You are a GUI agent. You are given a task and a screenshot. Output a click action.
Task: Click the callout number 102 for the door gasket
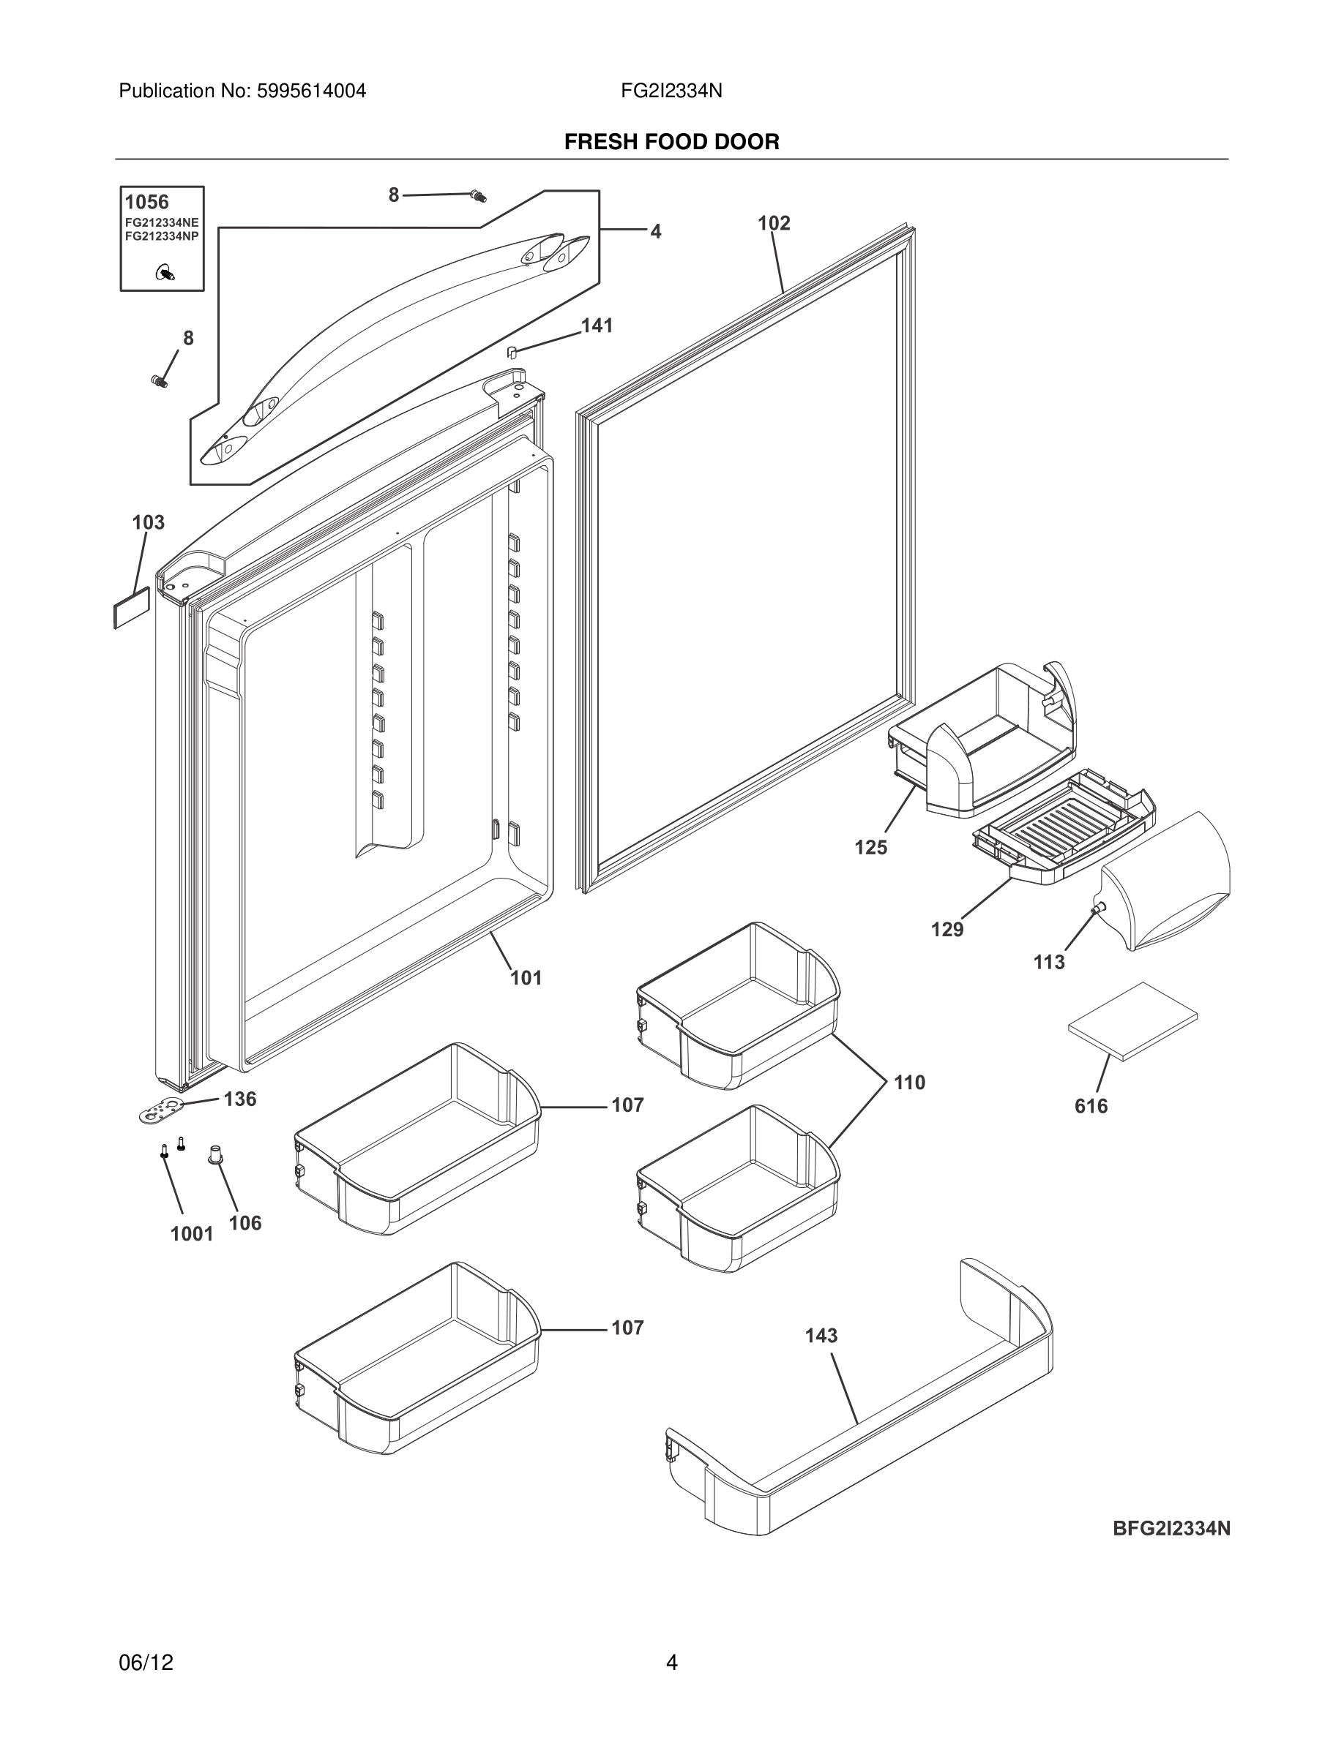click(x=773, y=224)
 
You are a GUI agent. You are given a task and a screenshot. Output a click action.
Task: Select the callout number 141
click(x=597, y=326)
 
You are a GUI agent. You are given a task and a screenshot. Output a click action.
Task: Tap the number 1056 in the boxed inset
click(x=146, y=202)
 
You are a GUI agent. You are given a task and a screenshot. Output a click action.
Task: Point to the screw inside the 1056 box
click(x=165, y=274)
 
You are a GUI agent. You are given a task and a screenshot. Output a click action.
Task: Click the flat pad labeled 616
click(x=1132, y=1021)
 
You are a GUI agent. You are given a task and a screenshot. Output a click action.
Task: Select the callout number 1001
click(x=192, y=1234)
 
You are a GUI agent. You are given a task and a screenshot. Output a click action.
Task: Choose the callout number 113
click(x=1048, y=963)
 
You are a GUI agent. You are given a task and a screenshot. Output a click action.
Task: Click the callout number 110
click(x=909, y=1083)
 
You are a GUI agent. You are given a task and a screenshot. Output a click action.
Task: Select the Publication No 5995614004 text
click(x=242, y=91)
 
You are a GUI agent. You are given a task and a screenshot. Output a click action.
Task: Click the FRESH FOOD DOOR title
click(x=671, y=143)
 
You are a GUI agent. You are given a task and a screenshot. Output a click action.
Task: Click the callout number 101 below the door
click(x=526, y=978)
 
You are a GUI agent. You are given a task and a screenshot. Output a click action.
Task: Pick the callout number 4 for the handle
click(x=655, y=232)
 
